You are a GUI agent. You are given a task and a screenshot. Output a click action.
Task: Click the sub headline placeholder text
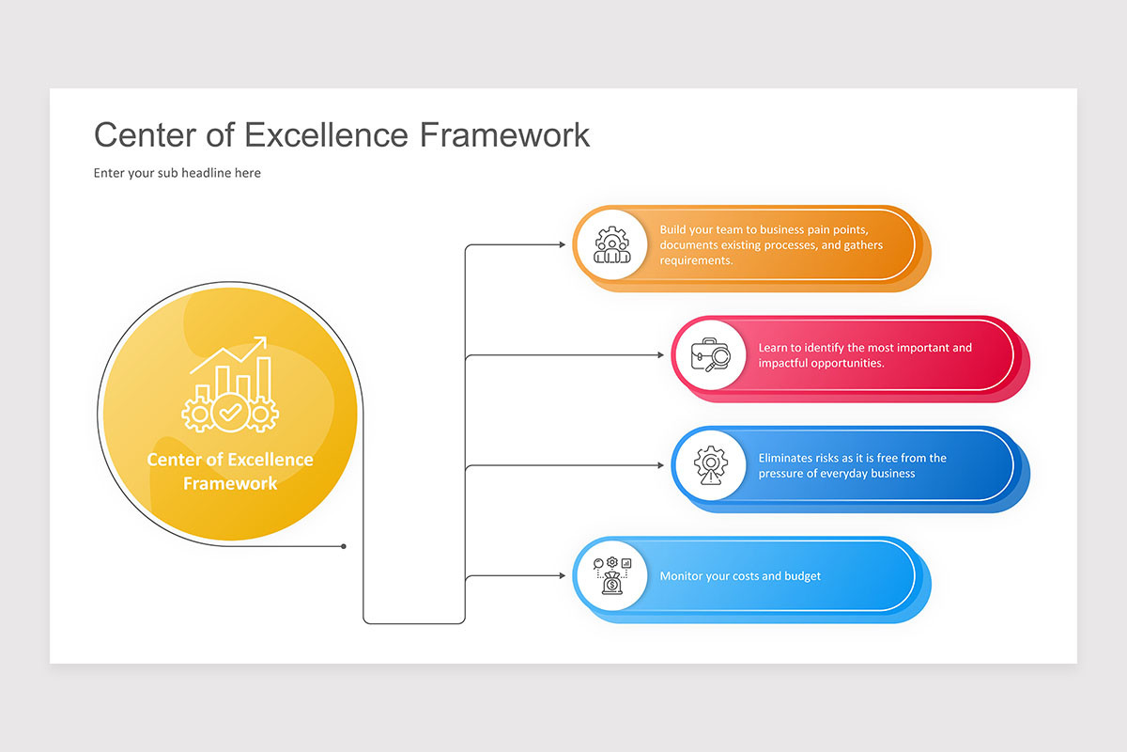(177, 173)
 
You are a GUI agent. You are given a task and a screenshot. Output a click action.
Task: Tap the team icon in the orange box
(610, 245)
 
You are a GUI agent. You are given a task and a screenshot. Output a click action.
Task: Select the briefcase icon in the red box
(709, 355)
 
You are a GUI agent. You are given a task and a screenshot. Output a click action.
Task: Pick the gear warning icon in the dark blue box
(709, 465)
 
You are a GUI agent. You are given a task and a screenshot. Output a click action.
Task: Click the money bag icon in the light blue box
(610, 575)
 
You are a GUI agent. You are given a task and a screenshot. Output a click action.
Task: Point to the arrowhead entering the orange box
(562, 245)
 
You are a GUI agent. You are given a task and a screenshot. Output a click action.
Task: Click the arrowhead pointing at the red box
(660, 355)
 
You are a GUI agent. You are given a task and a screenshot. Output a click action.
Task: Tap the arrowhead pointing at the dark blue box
(660, 465)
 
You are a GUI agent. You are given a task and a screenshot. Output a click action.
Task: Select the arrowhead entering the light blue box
(562, 575)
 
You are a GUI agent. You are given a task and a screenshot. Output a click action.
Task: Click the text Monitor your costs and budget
(740, 575)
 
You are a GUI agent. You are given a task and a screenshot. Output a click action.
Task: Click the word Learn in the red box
(774, 348)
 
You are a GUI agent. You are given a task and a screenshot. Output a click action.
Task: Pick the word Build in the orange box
(673, 229)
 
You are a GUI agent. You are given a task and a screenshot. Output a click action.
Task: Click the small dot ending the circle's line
(344, 546)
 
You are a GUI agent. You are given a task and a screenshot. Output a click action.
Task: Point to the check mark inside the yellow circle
(230, 411)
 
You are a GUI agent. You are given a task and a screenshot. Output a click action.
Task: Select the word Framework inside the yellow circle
(230, 484)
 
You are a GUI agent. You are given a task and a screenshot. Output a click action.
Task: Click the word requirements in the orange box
(696, 260)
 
